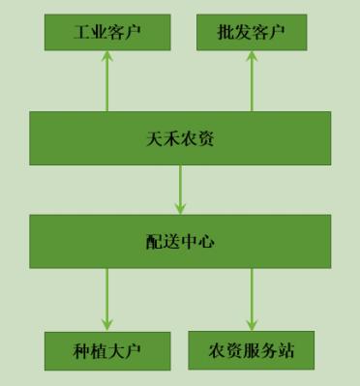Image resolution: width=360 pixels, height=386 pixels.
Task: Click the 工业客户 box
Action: [x=106, y=34]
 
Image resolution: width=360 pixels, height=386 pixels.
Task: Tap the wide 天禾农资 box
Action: [x=179, y=138]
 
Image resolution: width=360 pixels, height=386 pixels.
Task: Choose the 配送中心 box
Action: [x=179, y=241]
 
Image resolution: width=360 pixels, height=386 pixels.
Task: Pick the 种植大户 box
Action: [x=106, y=351]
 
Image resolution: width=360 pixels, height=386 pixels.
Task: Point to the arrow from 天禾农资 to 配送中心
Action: [x=180, y=189]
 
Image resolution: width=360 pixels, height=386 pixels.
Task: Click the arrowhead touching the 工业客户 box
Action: [x=106, y=57]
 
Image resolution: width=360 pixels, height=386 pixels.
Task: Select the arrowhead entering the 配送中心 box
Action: [x=180, y=208]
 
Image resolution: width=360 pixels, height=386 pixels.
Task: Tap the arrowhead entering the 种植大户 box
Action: [x=106, y=324]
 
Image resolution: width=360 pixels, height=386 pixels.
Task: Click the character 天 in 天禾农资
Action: [x=153, y=138]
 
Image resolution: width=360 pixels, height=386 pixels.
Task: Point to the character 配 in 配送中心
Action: [x=153, y=241]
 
